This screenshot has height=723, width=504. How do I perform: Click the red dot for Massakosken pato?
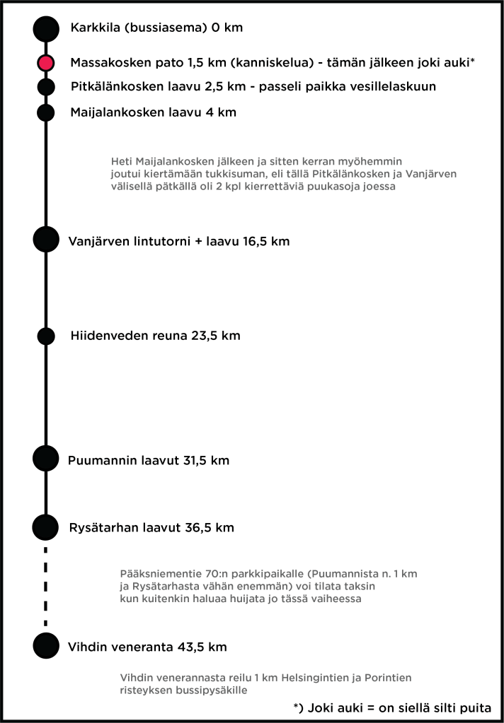(46, 63)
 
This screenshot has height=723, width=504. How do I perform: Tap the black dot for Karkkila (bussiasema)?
(46, 28)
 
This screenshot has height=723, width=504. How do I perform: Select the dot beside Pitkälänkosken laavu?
(46, 87)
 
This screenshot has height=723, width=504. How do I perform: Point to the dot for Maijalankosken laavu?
(46, 112)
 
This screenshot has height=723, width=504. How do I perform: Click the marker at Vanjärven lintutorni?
(46, 240)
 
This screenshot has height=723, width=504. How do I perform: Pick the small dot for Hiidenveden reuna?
(46, 336)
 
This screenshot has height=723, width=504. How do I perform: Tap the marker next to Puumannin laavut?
(46, 458)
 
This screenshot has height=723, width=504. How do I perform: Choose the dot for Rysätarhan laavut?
(46, 527)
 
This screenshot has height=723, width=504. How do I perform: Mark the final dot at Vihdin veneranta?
(46, 645)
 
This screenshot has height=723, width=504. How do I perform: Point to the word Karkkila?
(95, 29)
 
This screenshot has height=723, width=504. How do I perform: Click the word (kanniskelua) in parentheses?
(270, 63)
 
